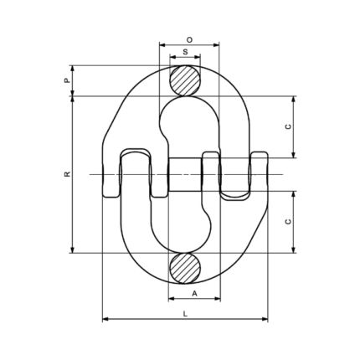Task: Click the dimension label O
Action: [189, 40]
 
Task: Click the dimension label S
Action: [185, 52]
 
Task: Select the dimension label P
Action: [67, 80]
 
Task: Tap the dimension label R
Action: [67, 174]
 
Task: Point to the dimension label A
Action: [195, 293]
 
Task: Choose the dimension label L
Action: [185, 314]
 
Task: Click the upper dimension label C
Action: [288, 126]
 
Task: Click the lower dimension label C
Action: [288, 222]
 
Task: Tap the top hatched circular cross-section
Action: [185, 80]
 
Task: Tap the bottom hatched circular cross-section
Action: [185, 269]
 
